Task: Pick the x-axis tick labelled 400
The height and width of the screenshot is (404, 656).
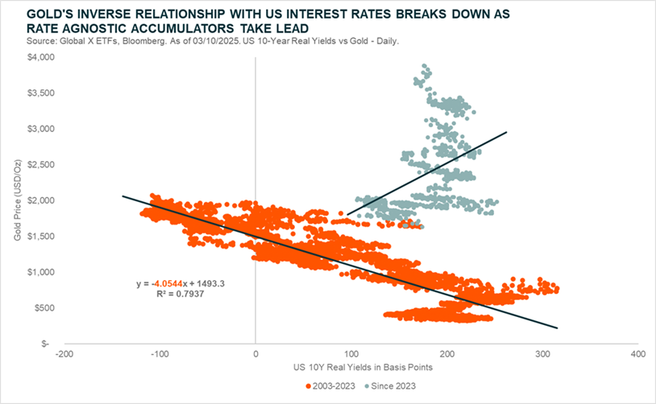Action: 637,353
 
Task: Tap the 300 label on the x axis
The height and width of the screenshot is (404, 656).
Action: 542,353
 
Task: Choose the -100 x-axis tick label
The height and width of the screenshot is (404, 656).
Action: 160,353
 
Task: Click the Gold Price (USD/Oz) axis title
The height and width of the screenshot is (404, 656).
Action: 18,201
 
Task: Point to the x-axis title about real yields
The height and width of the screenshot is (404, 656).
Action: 351,368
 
